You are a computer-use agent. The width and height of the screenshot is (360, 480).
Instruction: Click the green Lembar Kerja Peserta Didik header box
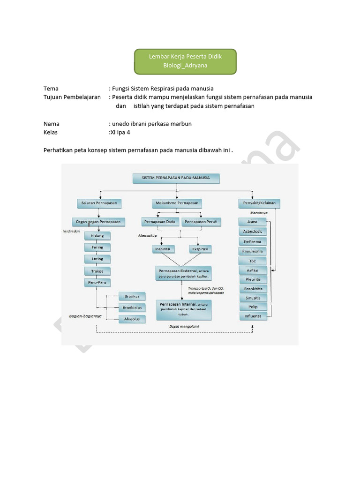click(x=185, y=61)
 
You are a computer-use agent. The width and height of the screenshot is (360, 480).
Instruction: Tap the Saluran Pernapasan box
click(x=99, y=203)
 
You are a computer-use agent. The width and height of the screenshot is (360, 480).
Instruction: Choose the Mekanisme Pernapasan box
click(x=176, y=203)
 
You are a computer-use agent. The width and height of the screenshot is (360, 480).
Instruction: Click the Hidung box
click(x=97, y=235)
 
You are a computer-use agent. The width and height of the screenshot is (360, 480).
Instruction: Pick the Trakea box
click(x=97, y=271)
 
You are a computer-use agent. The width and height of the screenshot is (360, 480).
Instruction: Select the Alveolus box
click(x=132, y=319)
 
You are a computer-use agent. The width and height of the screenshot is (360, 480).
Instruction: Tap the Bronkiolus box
click(x=132, y=307)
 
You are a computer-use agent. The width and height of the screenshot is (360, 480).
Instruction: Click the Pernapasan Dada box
click(x=160, y=221)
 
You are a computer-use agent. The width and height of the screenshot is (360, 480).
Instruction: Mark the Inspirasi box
click(x=163, y=249)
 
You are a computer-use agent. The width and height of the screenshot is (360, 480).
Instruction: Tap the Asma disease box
click(x=252, y=222)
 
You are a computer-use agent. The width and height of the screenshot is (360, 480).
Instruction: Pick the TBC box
click(x=252, y=261)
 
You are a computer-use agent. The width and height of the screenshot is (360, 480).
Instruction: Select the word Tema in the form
click(x=51, y=89)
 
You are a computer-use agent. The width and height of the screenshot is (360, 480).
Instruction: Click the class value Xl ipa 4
click(x=121, y=133)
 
